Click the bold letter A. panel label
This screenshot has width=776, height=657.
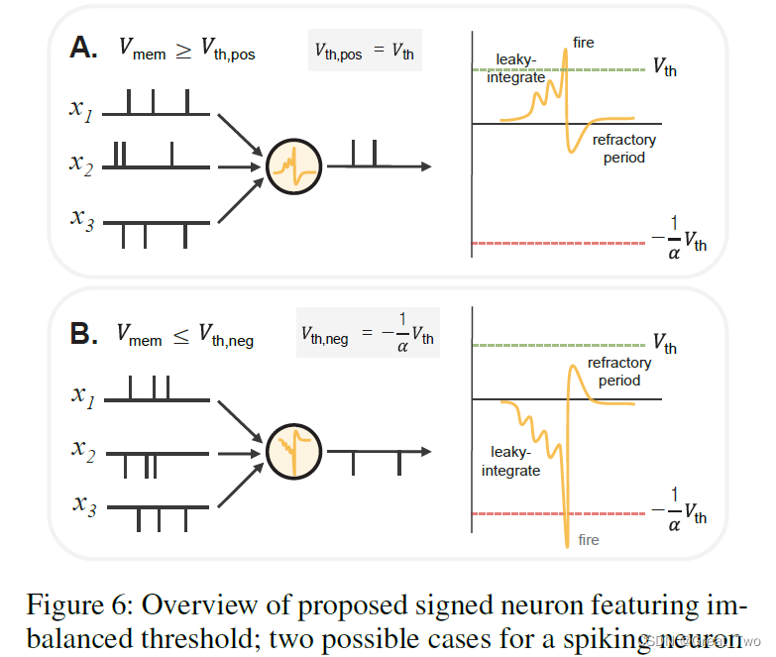82,49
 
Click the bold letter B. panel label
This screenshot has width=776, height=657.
82,335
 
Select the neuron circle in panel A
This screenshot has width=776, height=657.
294,165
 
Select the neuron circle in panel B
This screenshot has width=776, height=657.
294,451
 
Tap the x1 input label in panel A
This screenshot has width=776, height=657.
82,108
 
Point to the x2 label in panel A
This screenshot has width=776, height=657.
82,165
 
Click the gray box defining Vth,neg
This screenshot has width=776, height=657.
367,334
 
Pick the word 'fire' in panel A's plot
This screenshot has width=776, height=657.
584,42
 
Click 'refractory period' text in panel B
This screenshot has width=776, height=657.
619,372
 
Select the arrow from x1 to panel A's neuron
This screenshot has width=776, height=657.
239,132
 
